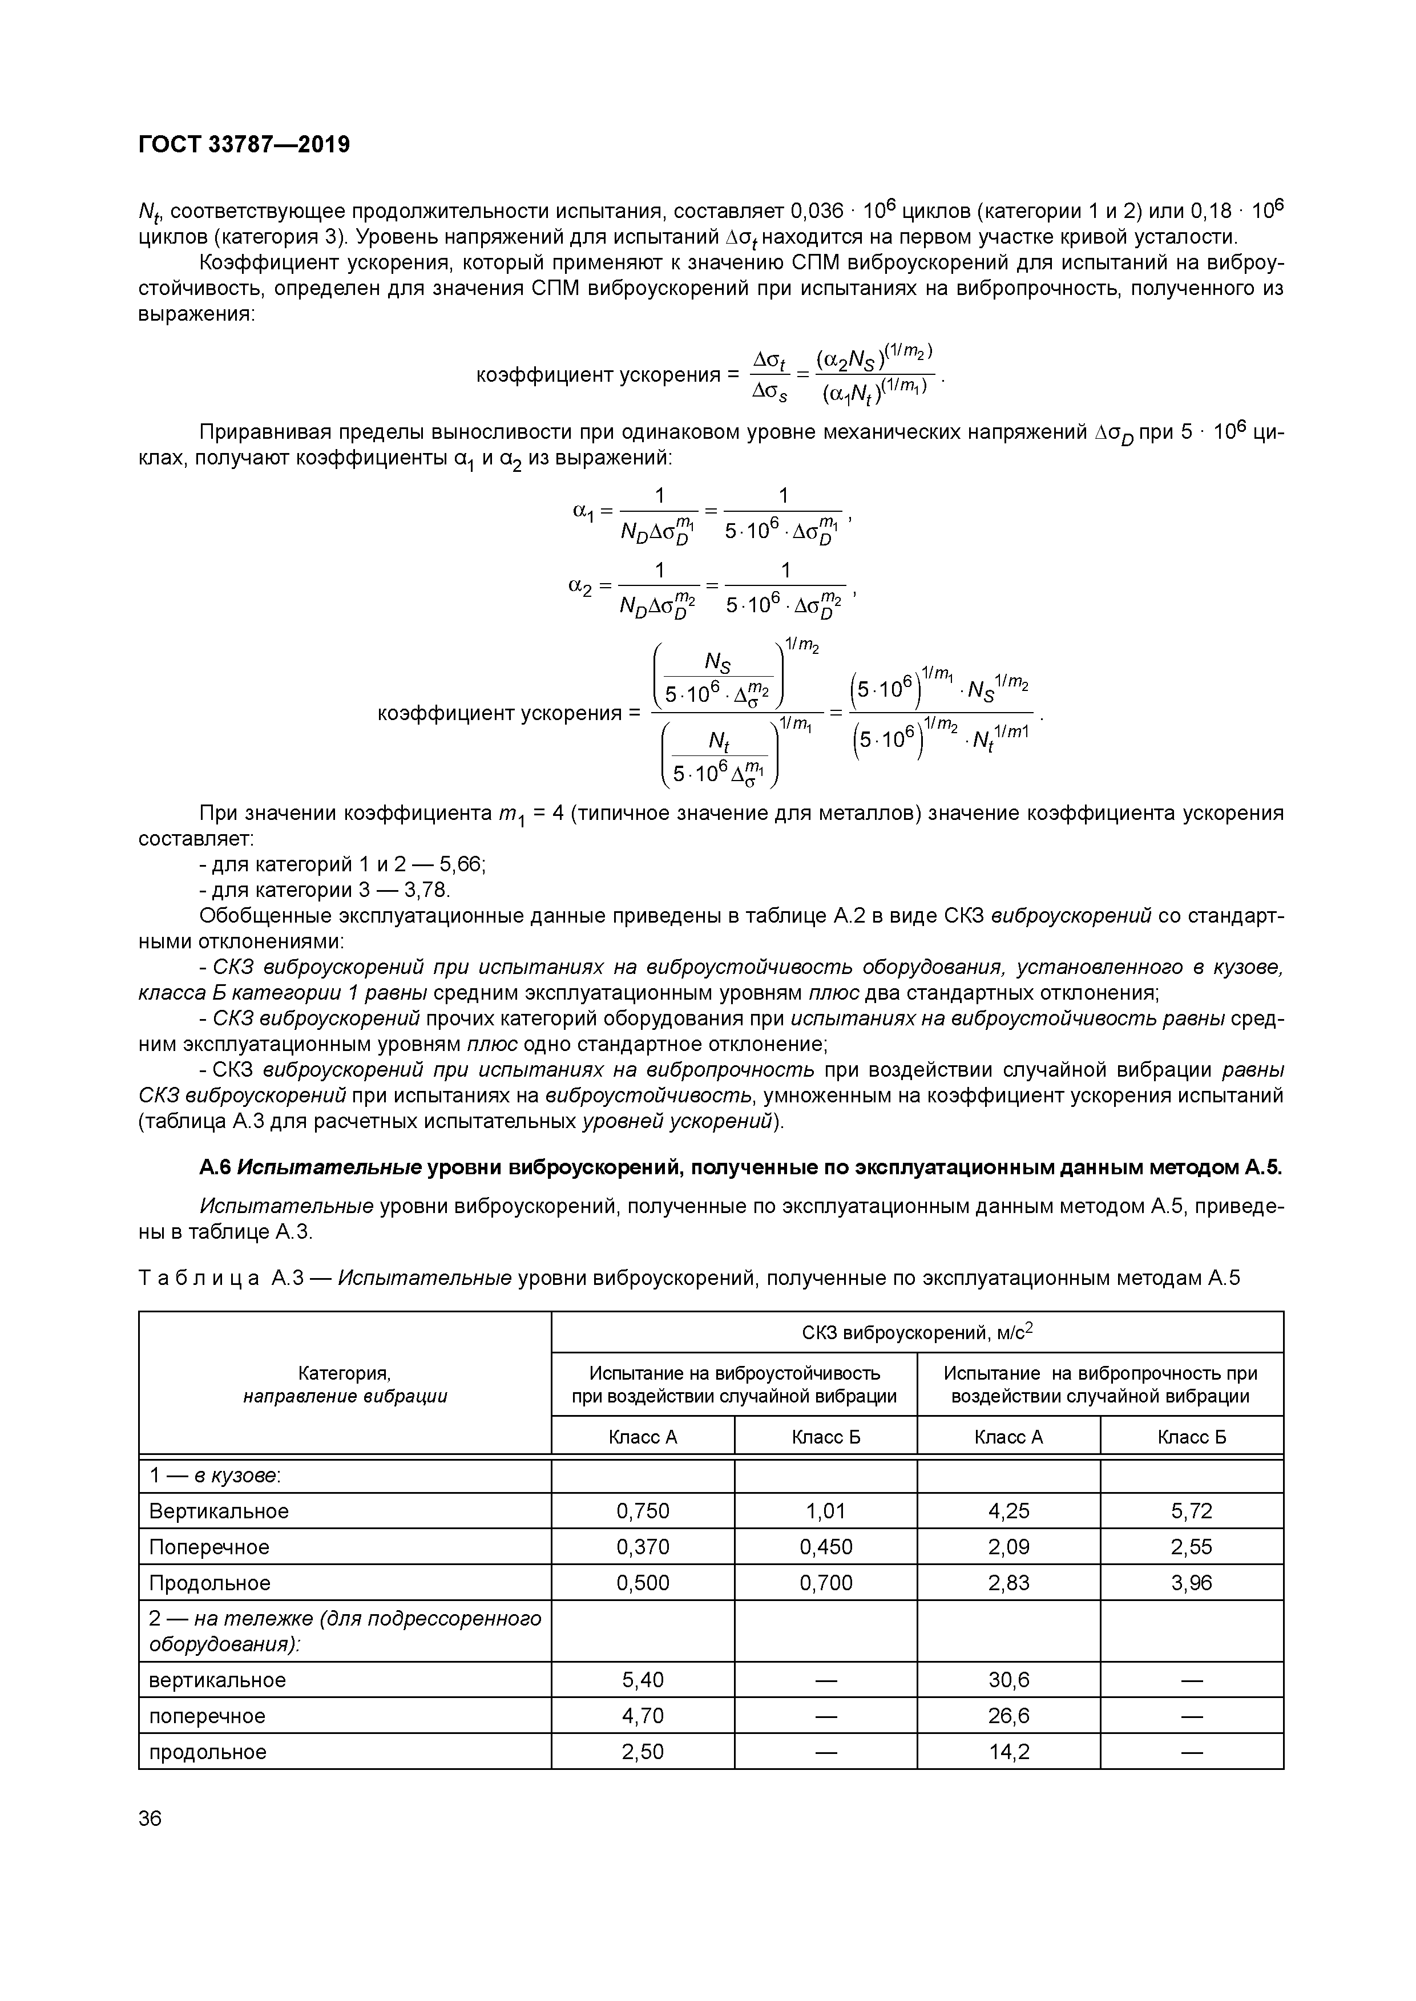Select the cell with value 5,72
[x=1191, y=1510]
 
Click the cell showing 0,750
[x=643, y=1510]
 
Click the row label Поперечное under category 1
[x=209, y=1547]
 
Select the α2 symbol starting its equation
[x=580, y=587]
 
